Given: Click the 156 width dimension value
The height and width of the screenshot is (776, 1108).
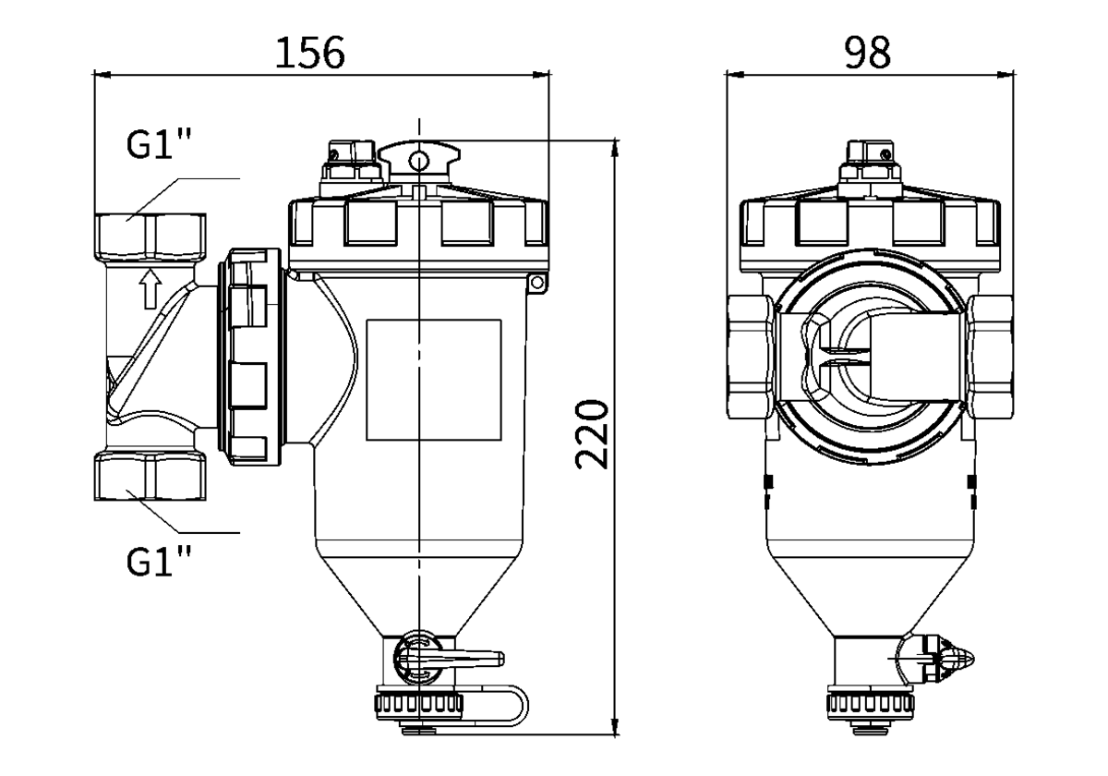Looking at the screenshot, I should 311,54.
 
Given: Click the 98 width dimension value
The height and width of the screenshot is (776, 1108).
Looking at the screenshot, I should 867,54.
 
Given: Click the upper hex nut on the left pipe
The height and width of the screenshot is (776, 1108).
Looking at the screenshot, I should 153,236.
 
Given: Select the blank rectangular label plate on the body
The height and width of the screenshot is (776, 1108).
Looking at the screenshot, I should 433,380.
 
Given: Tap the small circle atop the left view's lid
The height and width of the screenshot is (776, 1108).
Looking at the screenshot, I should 418,162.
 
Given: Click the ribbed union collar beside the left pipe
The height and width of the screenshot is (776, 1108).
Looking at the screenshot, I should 251,357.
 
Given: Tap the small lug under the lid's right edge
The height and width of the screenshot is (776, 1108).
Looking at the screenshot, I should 535,285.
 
